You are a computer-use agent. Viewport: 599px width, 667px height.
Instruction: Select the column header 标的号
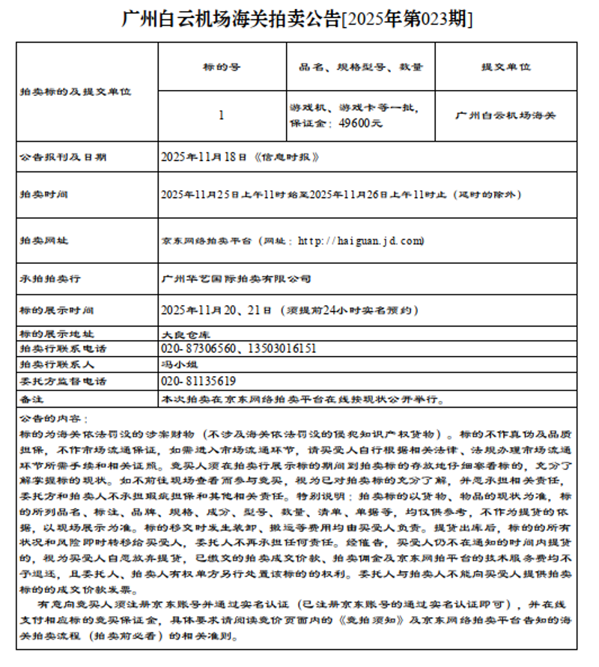(x=222, y=67)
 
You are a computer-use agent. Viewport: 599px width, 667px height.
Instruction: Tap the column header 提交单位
(x=505, y=67)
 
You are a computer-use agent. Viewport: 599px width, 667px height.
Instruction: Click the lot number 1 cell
(x=222, y=115)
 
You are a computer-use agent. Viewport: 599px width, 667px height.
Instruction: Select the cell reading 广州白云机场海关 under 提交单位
(x=505, y=115)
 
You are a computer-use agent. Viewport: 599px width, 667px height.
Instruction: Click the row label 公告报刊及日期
(x=63, y=157)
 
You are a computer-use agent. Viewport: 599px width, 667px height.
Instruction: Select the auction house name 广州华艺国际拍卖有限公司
(x=237, y=279)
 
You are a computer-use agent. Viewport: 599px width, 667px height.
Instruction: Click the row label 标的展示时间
(x=56, y=310)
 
